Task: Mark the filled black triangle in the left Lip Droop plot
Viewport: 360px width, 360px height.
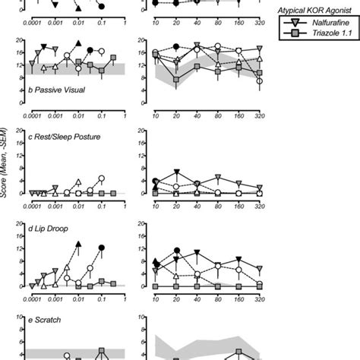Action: [79, 243]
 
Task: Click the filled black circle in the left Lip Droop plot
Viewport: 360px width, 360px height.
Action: [102, 248]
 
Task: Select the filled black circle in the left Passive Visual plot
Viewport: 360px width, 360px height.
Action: [90, 50]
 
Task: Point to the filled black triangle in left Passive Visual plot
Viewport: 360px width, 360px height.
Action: [79, 45]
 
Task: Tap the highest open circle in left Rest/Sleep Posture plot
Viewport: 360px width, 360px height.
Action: [102, 178]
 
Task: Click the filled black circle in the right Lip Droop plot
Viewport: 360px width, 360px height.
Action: [176, 251]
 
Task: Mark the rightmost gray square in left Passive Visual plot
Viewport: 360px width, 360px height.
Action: [113, 58]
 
